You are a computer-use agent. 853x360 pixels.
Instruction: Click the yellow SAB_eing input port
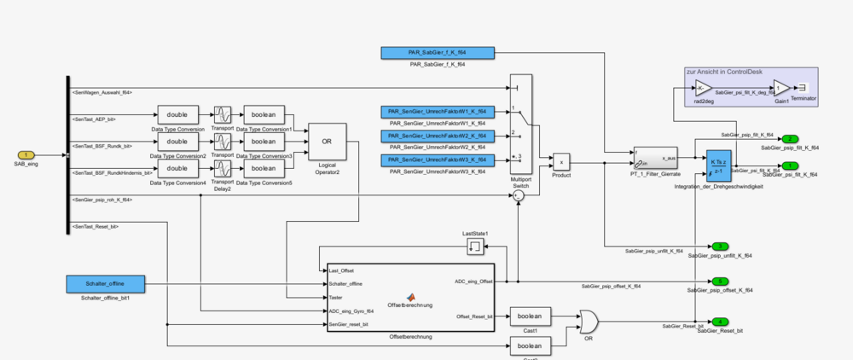(25, 154)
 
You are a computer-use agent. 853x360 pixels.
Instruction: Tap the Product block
(562, 161)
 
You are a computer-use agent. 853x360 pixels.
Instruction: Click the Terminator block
(802, 87)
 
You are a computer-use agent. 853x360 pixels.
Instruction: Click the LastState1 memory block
(474, 247)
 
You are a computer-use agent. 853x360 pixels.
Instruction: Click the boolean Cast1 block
(531, 317)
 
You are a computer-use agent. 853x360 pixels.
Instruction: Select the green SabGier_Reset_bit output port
(721, 322)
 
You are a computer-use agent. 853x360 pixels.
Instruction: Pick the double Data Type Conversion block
(177, 115)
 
